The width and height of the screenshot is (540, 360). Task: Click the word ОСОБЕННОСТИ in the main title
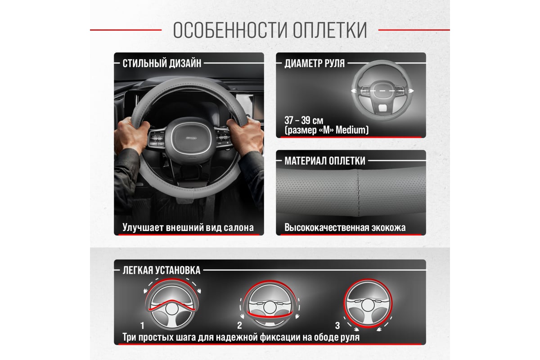click(x=230, y=30)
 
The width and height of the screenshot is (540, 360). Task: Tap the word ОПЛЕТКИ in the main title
click(x=330, y=30)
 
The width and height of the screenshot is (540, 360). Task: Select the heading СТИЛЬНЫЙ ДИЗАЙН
click(x=162, y=63)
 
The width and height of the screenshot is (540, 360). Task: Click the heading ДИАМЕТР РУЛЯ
click(x=315, y=63)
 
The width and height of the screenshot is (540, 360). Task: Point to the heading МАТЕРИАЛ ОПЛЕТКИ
click(x=325, y=161)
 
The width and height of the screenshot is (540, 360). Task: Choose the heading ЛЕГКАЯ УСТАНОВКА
click(x=161, y=270)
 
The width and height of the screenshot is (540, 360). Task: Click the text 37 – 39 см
click(x=304, y=120)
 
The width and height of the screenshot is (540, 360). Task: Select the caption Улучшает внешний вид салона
click(x=188, y=228)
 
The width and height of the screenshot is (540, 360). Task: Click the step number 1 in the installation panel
click(x=143, y=326)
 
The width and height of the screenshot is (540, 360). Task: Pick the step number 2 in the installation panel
click(x=239, y=325)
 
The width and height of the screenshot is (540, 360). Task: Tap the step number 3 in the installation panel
click(x=337, y=325)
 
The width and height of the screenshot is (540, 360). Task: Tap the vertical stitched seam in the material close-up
click(x=359, y=193)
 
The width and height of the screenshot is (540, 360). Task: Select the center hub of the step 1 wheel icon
click(x=171, y=309)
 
